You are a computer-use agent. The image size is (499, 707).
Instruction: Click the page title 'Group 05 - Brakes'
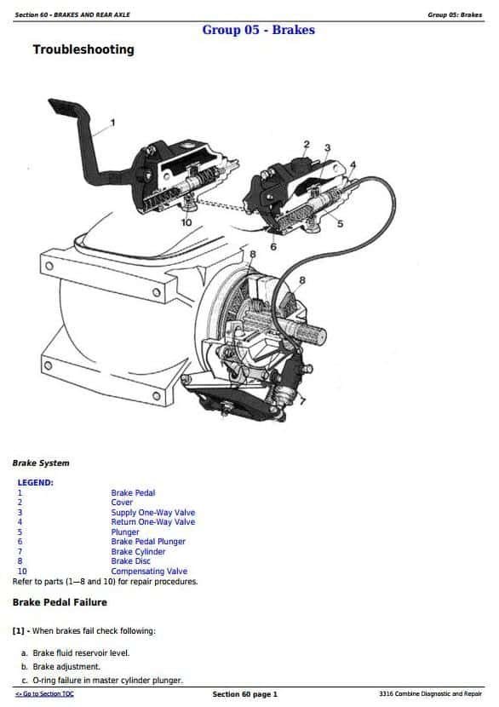[x=258, y=30]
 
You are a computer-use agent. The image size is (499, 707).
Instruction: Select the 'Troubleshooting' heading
[x=83, y=49]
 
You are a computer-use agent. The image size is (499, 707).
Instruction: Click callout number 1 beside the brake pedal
[x=112, y=122]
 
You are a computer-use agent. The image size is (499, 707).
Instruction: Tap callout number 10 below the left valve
[x=186, y=222]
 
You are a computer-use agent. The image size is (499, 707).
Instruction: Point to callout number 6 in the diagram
[x=273, y=247]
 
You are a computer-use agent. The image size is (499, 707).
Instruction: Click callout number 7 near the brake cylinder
[x=302, y=400]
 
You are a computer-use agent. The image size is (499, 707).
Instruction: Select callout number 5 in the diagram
[x=340, y=224]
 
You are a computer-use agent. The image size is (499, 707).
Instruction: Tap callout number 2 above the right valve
[x=307, y=144]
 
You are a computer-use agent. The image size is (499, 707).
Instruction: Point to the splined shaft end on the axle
[x=312, y=335]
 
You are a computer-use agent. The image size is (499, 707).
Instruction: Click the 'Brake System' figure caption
[x=41, y=463]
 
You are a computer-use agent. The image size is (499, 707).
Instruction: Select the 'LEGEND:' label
[x=35, y=482]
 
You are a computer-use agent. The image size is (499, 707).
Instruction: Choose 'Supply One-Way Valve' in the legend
[x=153, y=512]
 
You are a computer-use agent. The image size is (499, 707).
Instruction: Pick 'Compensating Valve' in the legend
[x=149, y=571]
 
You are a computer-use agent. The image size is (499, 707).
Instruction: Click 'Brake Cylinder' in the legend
[x=139, y=551]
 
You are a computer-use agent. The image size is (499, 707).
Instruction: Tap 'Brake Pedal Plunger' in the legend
[x=148, y=542]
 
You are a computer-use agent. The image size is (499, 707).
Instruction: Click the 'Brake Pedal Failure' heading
[x=60, y=602]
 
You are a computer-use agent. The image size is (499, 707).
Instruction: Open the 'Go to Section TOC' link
[x=44, y=694]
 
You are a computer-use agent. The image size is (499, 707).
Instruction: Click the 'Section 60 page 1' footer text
[x=244, y=694]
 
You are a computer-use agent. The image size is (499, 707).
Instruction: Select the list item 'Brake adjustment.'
[x=66, y=666]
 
